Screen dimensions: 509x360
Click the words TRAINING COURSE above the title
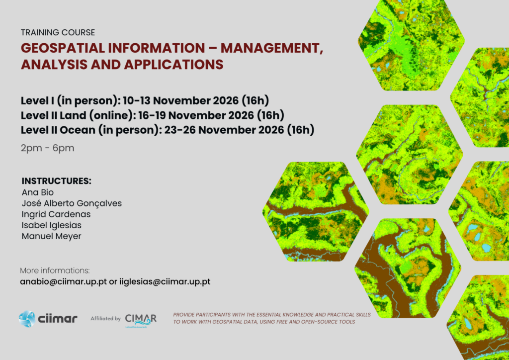58,32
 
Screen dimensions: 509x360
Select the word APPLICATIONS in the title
173,64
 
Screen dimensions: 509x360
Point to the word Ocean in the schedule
78,130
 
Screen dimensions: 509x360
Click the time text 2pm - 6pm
47,148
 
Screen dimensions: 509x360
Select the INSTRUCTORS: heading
57,181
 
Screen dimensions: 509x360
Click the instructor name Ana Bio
38,192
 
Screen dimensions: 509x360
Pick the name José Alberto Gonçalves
72,203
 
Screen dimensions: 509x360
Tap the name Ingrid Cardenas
56,214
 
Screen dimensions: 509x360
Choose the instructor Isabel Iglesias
52,225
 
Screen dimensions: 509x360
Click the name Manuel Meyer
52,236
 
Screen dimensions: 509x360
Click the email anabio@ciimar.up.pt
63,281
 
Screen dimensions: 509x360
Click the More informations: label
55,270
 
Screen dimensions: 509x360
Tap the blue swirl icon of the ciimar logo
27,318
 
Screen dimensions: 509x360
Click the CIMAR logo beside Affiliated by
141,320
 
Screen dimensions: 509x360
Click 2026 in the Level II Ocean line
271,130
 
